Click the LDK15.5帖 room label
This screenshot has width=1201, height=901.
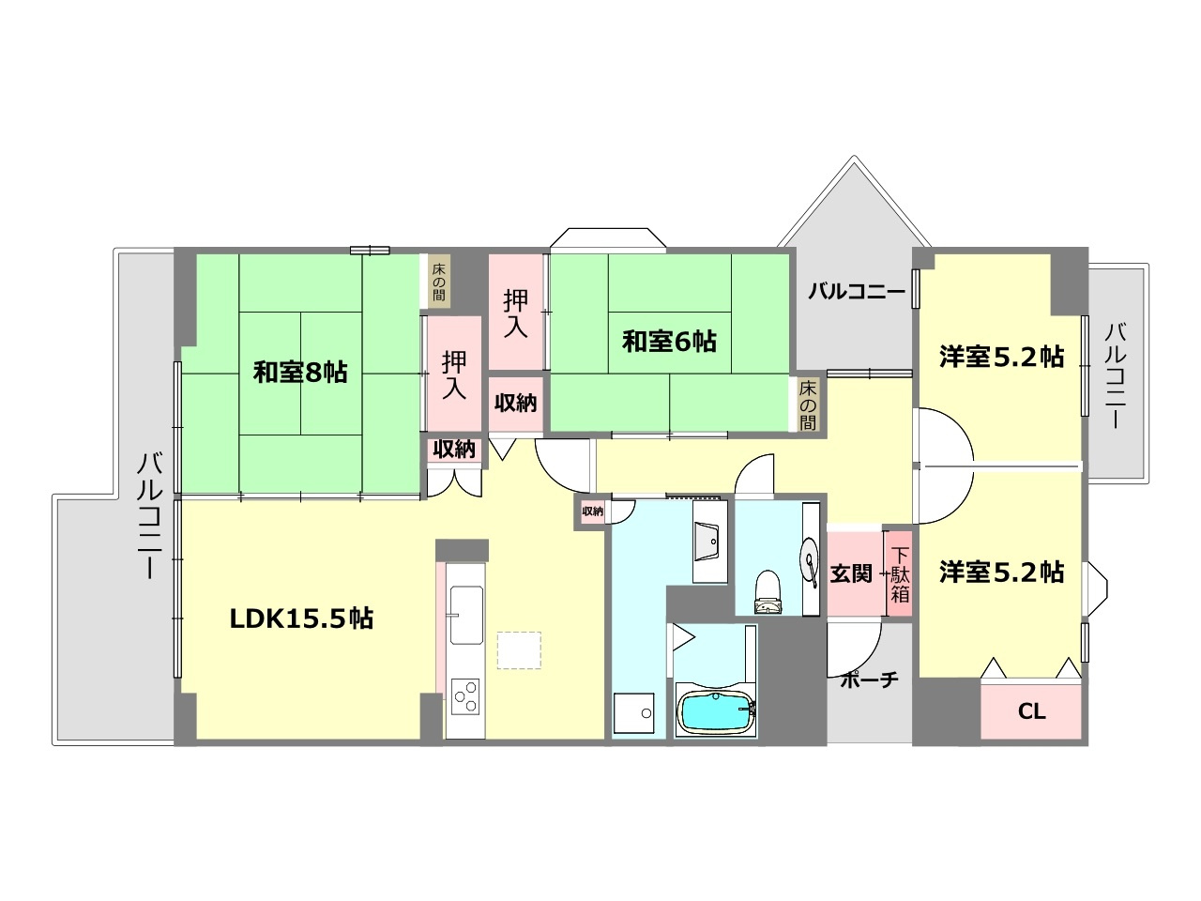pyautogui.click(x=302, y=618)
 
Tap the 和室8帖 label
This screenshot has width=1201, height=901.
pyautogui.click(x=300, y=372)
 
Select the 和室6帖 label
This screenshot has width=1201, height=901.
pyautogui.click(x=669, y=341)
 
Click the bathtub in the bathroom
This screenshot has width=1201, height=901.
pyautogui.click(x=715, y=713)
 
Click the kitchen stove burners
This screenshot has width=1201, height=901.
pyautogui.click(x=465, y=695)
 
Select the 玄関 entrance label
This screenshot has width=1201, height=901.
pyautogui.click(x=851, y=573)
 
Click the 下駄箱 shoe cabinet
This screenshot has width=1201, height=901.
pyautogui.click(x=900, y=573)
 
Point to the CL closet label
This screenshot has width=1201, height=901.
pyautogui.click(x=1031, y=711)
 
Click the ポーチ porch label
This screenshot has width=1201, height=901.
pyautogui.click(x=870, y=680)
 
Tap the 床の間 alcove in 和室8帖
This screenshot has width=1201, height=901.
pyautogui.click(x=439, y=281)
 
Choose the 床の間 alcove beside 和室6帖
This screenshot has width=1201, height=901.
pyautogui.click(x=808, y=405)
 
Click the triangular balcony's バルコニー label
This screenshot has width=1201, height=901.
pyautogui.click(x=857, y=292)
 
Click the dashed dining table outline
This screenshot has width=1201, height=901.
pyautogui.click(x=519, y=650)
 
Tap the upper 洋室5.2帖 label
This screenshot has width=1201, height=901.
pyautogui.click(x=1001, y=357)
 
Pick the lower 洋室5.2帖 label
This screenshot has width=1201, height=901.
pyautogui.click(x=1001, y=572)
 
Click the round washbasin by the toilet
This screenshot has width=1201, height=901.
pyautogui.click(x=809, y=560)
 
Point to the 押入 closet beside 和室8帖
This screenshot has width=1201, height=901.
pyautogui.click(x=454, y=374)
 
